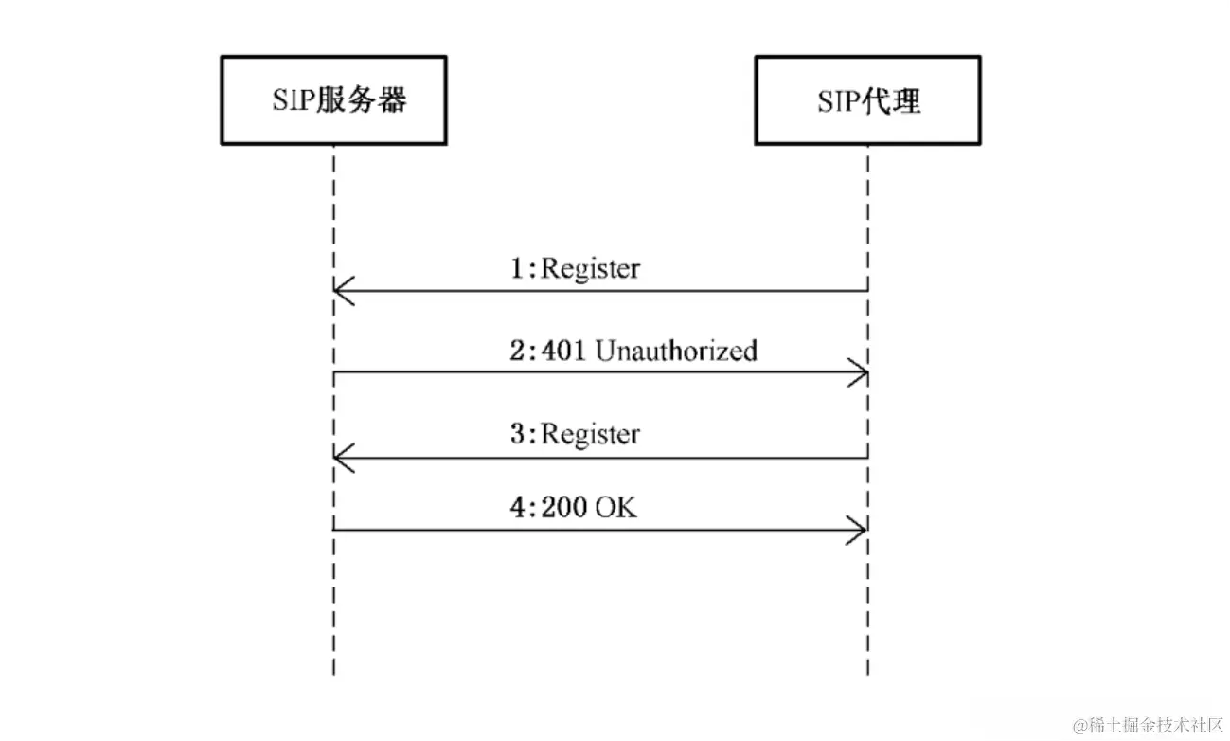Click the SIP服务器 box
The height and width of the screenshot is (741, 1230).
[333, 100]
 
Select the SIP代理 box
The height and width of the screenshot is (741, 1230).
[867, 100]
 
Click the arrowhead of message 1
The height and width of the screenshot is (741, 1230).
[343, 291]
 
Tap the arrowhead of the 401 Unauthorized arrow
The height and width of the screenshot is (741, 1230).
[859, 372]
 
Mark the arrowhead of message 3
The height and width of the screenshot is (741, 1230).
[343, 459]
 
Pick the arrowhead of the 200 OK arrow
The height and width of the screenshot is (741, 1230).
[859, 531]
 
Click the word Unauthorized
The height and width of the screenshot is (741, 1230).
[676, 352]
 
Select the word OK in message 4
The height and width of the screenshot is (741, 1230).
[615, 508]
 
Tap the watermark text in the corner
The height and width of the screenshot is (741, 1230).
[1148, 725]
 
